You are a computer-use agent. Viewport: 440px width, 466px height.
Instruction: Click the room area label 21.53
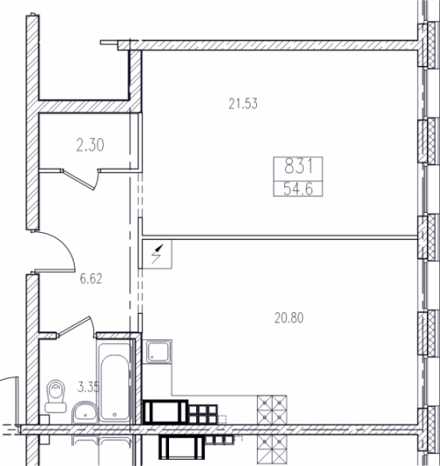click(x=243, y=104)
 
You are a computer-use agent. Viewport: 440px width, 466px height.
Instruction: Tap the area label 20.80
click(x=289, y=318)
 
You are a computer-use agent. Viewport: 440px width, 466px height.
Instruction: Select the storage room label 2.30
click(x=90, y=146)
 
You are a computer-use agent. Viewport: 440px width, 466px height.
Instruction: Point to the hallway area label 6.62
click(x=91, y=279)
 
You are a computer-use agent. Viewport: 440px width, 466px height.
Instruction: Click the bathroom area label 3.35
click(x=88, y=387)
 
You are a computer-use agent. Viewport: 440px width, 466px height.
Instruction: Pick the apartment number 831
click(x=298, y=166)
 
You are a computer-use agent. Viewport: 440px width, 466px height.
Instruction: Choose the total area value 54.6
click(x=298, y=189)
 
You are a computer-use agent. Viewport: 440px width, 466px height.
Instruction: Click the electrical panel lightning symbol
click(x=158, y=254)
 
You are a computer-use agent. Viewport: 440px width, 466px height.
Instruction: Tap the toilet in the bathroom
click(x=55, y=396)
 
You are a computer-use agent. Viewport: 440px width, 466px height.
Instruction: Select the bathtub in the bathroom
click(x=114, y=382)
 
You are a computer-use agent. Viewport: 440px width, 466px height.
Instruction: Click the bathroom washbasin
click(x=85, y=412)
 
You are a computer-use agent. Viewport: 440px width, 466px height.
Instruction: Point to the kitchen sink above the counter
click(x=157, y=352)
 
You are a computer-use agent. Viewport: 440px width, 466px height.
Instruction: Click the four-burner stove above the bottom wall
click(x=272, y=410)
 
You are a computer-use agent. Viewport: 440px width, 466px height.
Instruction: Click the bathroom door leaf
click(x=75, y=326)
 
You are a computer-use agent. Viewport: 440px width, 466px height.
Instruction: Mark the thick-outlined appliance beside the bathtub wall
click(x=165, y=411)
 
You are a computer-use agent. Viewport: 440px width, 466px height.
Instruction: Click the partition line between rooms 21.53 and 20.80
click(x=280, y=237)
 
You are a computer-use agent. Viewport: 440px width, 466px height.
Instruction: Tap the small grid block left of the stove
click(x=202, y=414)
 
